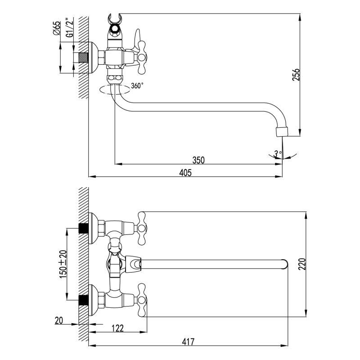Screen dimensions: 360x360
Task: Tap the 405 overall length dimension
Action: click(185, 172)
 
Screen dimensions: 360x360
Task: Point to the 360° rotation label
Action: click(137, 85)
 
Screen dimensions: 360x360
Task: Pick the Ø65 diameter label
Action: click(57, 28)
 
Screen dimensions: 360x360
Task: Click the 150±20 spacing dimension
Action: click(63, 264)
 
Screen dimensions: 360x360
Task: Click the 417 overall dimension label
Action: click(188, 342)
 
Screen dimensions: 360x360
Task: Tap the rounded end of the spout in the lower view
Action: click(284, 265)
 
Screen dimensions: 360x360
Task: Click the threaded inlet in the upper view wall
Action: click(83, 58)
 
